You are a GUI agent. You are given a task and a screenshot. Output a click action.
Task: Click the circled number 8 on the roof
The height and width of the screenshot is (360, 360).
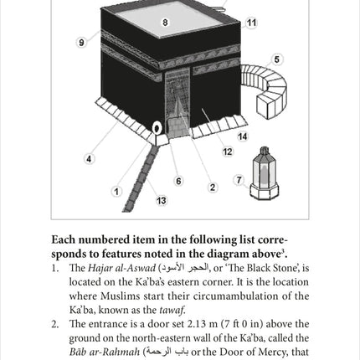(x=165, y=23)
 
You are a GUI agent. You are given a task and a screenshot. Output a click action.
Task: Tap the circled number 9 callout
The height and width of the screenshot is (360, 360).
(x=82, y=43)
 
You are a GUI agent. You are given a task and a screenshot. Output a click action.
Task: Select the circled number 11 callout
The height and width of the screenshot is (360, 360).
(x=251, y=23)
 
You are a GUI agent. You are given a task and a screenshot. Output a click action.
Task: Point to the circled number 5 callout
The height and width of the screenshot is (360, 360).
(x=277, y=60)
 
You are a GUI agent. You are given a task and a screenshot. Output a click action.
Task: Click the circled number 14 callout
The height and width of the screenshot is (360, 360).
(x=242, y=136)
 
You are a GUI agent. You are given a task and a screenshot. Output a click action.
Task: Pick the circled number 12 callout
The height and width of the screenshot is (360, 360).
(x=227, y=152)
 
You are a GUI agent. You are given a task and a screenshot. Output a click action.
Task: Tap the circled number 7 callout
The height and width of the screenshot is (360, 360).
(x=239, y=180)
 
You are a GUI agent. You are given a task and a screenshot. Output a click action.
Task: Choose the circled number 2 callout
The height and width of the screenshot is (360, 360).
(x=212, y=188)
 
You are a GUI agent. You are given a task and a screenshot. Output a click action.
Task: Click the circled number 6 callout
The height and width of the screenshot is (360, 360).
(x=178, y=181)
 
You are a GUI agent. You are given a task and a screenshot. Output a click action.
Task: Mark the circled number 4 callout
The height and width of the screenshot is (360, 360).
(x=90, y=158)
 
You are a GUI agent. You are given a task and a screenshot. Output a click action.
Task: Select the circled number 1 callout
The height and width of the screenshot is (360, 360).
(x=116, y=192)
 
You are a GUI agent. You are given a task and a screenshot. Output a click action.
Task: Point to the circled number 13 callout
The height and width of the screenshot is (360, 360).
(x=162, y=201)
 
